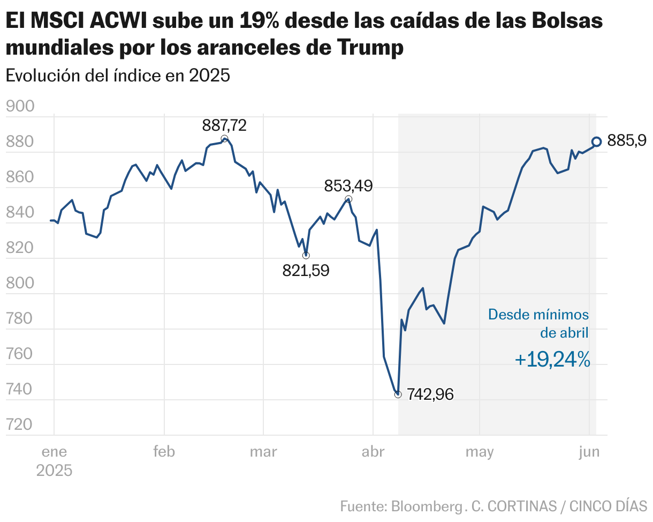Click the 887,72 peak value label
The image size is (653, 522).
[224, 125]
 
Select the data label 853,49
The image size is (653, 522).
[348, 186]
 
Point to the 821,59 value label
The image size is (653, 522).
[306, 271]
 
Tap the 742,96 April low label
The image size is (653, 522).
[430, 394]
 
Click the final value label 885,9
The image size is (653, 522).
[627, 141]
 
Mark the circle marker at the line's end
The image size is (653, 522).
[596, 141]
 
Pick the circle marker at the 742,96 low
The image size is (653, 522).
[398, 394]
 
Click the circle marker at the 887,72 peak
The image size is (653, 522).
[224, 139]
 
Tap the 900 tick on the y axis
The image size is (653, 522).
[20, 107]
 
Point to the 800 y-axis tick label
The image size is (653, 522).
[20, 284]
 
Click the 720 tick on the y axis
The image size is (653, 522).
[20, 425]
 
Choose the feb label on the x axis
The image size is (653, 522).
[164, 452]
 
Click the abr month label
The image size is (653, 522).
[373, 452]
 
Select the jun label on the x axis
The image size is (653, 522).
[589, 452]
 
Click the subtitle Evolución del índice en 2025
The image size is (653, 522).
[118, 76]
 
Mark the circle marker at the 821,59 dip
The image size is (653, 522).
[306, 255]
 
